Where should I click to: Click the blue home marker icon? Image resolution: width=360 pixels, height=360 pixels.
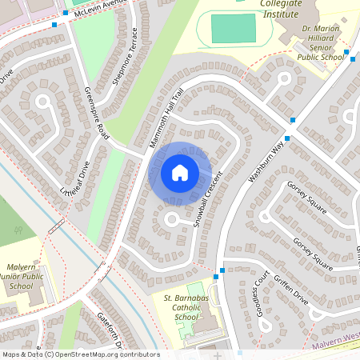tap(179, 172)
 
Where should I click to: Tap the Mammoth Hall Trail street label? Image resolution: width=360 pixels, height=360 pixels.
tap(167, 118)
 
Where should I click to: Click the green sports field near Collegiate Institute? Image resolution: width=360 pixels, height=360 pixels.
tap(234, 28)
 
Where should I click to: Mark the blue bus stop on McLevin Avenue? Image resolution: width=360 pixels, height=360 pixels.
tap(54, 24)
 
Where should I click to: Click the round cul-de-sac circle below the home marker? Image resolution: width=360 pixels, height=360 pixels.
tap(171, 218)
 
